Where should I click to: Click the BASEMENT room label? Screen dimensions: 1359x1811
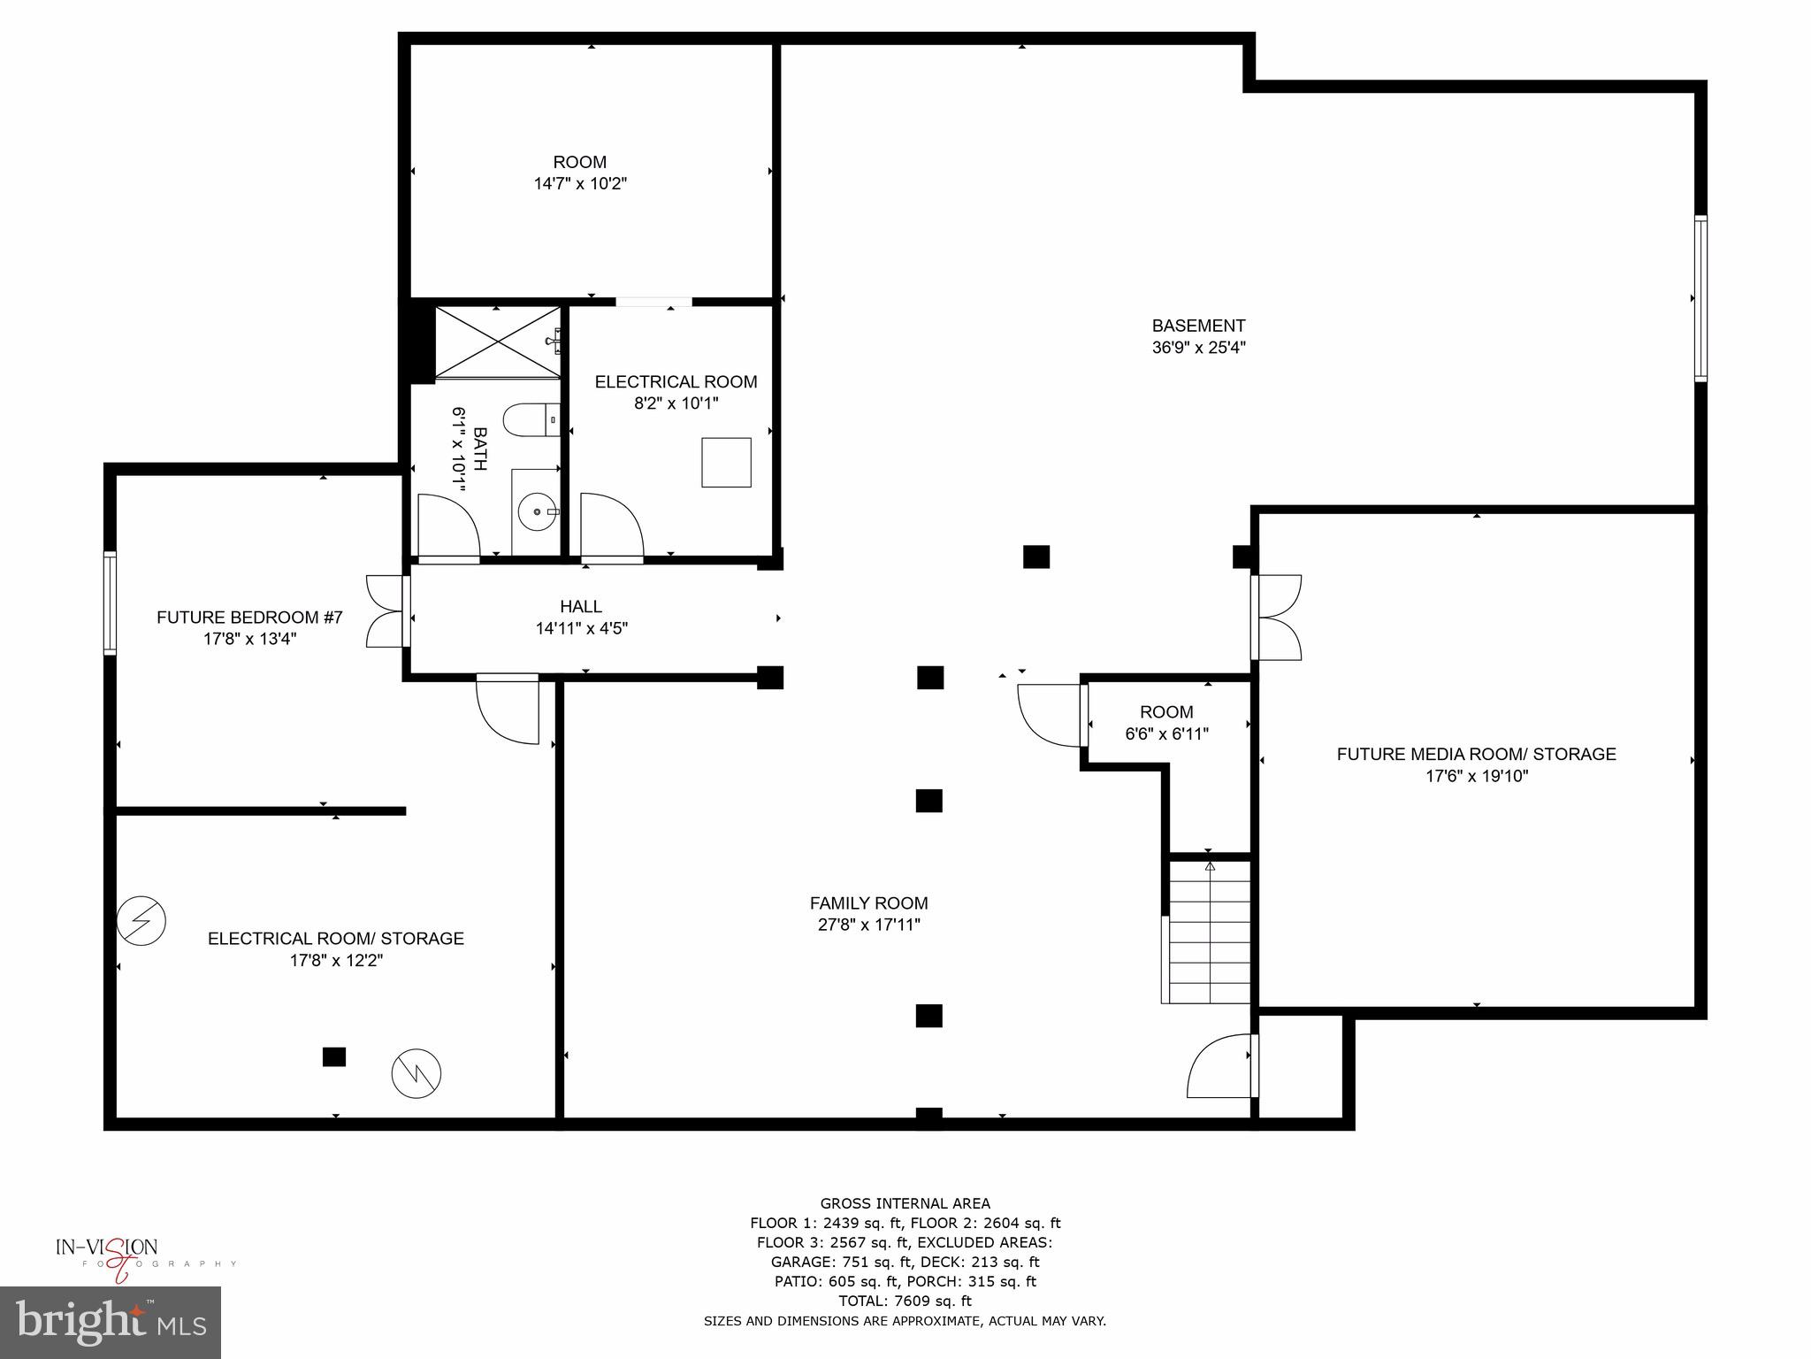[1198, 326]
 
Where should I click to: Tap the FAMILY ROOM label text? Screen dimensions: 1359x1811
[868, 903]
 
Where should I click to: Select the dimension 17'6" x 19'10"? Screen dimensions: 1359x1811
[1476, 776]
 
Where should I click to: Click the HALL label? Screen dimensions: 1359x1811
[581, 606]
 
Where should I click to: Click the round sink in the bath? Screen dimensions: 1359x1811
[538, 511]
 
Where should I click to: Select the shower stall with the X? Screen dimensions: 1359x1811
[498, 343]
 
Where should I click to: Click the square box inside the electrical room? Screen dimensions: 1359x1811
[726, 462]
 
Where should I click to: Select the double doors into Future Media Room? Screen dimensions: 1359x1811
[1277, 617]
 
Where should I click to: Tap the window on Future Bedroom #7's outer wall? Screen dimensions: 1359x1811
[110, 603]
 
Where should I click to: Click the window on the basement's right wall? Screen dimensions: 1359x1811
[1700, 298]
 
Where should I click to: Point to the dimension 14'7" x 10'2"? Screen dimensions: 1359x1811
[580, 184]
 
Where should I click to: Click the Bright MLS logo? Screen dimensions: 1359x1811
[111, 1322]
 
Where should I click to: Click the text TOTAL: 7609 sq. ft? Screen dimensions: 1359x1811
[905, 1301]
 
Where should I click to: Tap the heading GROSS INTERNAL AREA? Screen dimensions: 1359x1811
[905, 1203]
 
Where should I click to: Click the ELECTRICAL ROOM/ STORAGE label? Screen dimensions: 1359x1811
[335, 938]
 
